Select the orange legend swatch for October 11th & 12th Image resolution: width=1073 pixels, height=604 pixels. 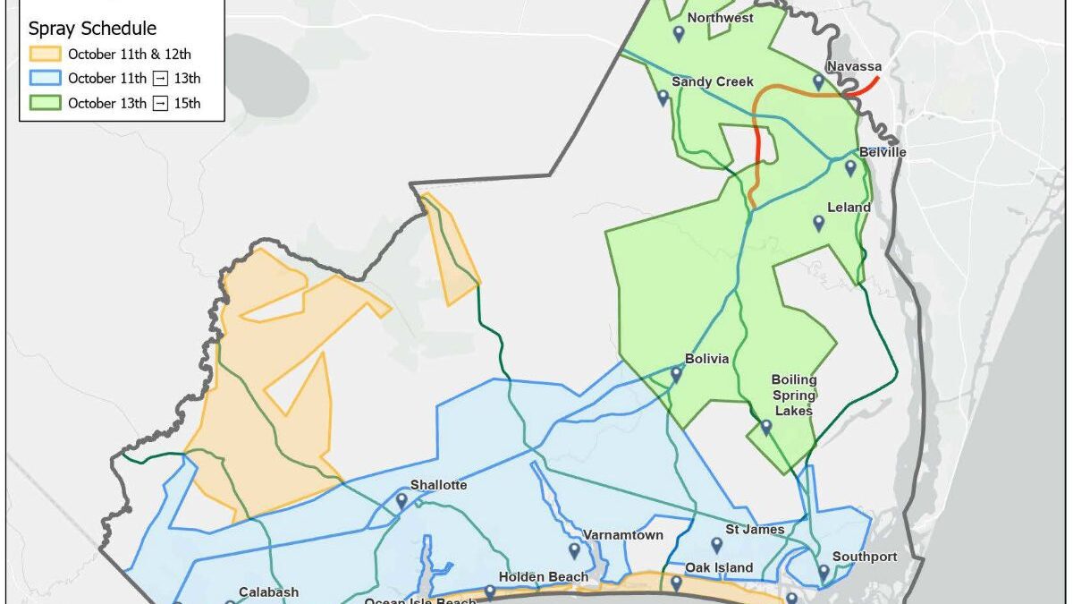pyautogui.click(x=45, y=55)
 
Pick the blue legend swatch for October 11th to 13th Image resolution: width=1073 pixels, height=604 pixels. pyautogui.click(x=45, y=79)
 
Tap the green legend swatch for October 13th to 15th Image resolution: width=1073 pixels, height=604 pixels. pyautogui.click(x=45, y=103)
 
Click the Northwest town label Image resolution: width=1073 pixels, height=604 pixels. pyautogui.click(x=720, y=18)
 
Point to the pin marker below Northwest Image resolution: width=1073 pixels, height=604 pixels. pyautogui.click(x=679, y=34)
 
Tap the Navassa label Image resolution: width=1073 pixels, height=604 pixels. pyautogui.click(x=853, y=67)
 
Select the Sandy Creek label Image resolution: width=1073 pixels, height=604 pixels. pyautogui.click(x=713, y=81)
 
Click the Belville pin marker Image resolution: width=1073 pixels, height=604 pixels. pyautogui.click(x=850, y=167)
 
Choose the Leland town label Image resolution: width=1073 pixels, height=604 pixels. pyautogui.click(x=849, y=208)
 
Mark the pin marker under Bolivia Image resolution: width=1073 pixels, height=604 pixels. pyautogui.click(x=676, y=375)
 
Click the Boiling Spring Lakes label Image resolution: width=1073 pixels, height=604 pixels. pyautogui.click(x=793, y=396)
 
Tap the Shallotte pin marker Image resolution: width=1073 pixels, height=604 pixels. pyautogui.click(x=401, y=501)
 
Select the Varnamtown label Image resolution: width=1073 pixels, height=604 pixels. pyautogui.click(x=623, y=535)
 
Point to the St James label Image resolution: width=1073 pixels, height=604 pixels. pyautogui.click(x=755, y=530)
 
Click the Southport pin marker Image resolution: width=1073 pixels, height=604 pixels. pyautogui.click(x=824, y=572)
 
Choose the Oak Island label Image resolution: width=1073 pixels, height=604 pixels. pyautogui.click(x=719, y=567)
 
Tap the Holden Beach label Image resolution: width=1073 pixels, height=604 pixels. pyautogui.click(x=544, y=577)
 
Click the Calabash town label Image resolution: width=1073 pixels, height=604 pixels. pyautogui.click(x=268, y=591)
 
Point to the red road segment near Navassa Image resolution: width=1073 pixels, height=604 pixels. pyautogui.click(x=863, y=87)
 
